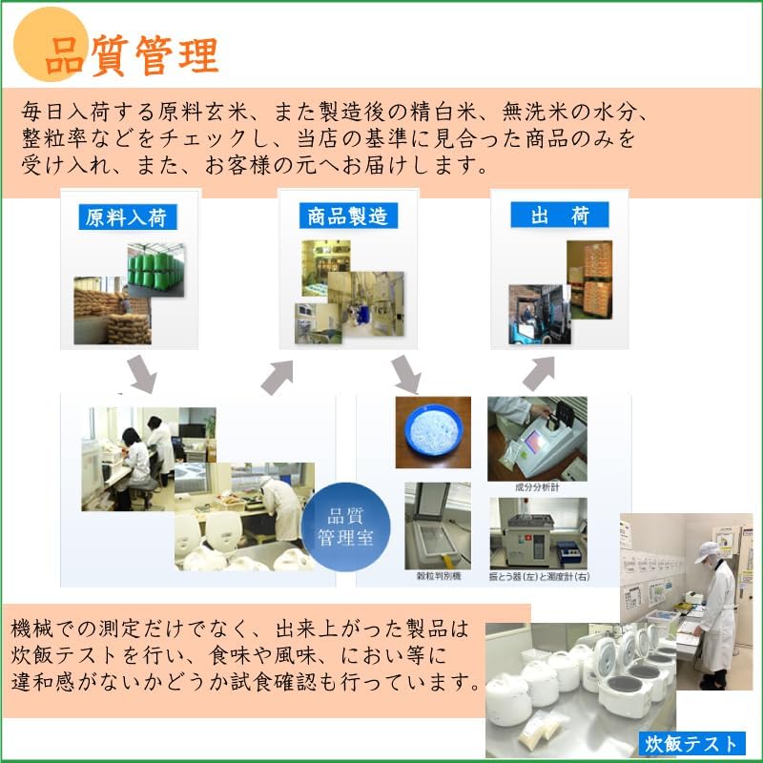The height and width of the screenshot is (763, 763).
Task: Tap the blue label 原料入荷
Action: (126, 217)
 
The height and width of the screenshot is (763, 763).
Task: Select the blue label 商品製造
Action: (347, 216)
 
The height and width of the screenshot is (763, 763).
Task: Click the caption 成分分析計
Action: (537, 485)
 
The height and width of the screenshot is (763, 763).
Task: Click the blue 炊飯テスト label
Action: (691, 743)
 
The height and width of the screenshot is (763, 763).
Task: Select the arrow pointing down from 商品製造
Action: (406, 374)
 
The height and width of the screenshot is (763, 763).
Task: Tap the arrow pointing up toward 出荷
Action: (539, 373)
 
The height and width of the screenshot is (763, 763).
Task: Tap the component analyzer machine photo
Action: (537, 438)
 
